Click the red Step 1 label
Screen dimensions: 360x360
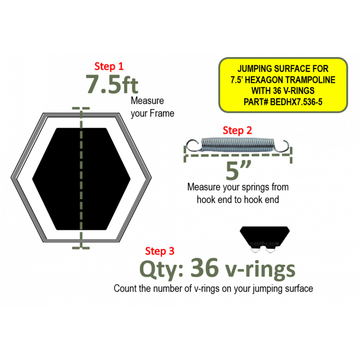pyautogui.click(x=109, y=66)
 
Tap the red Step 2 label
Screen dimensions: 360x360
pyautogui.click(x=237, y=131)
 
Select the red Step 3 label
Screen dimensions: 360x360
pyautogui.click(x=160, y=251)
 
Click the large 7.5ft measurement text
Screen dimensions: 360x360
pyautogui.click(x=112, y=84)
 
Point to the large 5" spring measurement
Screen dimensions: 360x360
pyautogui.click(x=238, y=170)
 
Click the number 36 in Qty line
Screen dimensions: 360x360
pyautogui.click(x=204, y=267)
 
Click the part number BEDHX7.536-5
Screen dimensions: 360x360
pyautogui.click(x=296, y=102)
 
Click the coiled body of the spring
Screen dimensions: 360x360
pyautogui.click(x=238, y=145)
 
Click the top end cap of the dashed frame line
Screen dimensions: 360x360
pyautogui.click(x=81, y=108)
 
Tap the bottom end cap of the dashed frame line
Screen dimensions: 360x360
pyautogui.click(x=81, y=248)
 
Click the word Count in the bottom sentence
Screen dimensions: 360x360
pyautogui.click(x=125, y=289)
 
